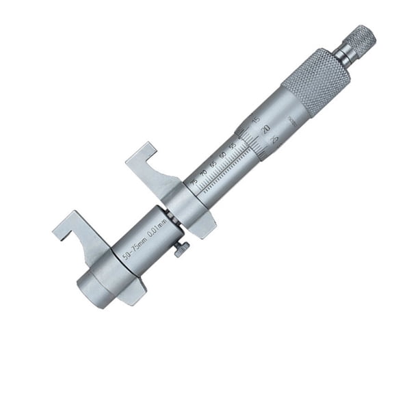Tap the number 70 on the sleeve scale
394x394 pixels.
[x=203, y=172]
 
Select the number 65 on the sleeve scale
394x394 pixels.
[x=213, y=164]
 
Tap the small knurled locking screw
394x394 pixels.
[x=181, y=250]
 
